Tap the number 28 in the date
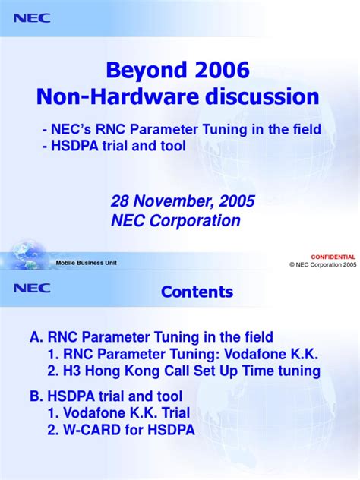120,201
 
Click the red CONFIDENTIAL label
333,257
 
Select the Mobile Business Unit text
87,263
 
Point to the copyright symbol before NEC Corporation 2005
292,264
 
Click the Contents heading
197,292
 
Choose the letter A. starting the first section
34,336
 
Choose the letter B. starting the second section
34,396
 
